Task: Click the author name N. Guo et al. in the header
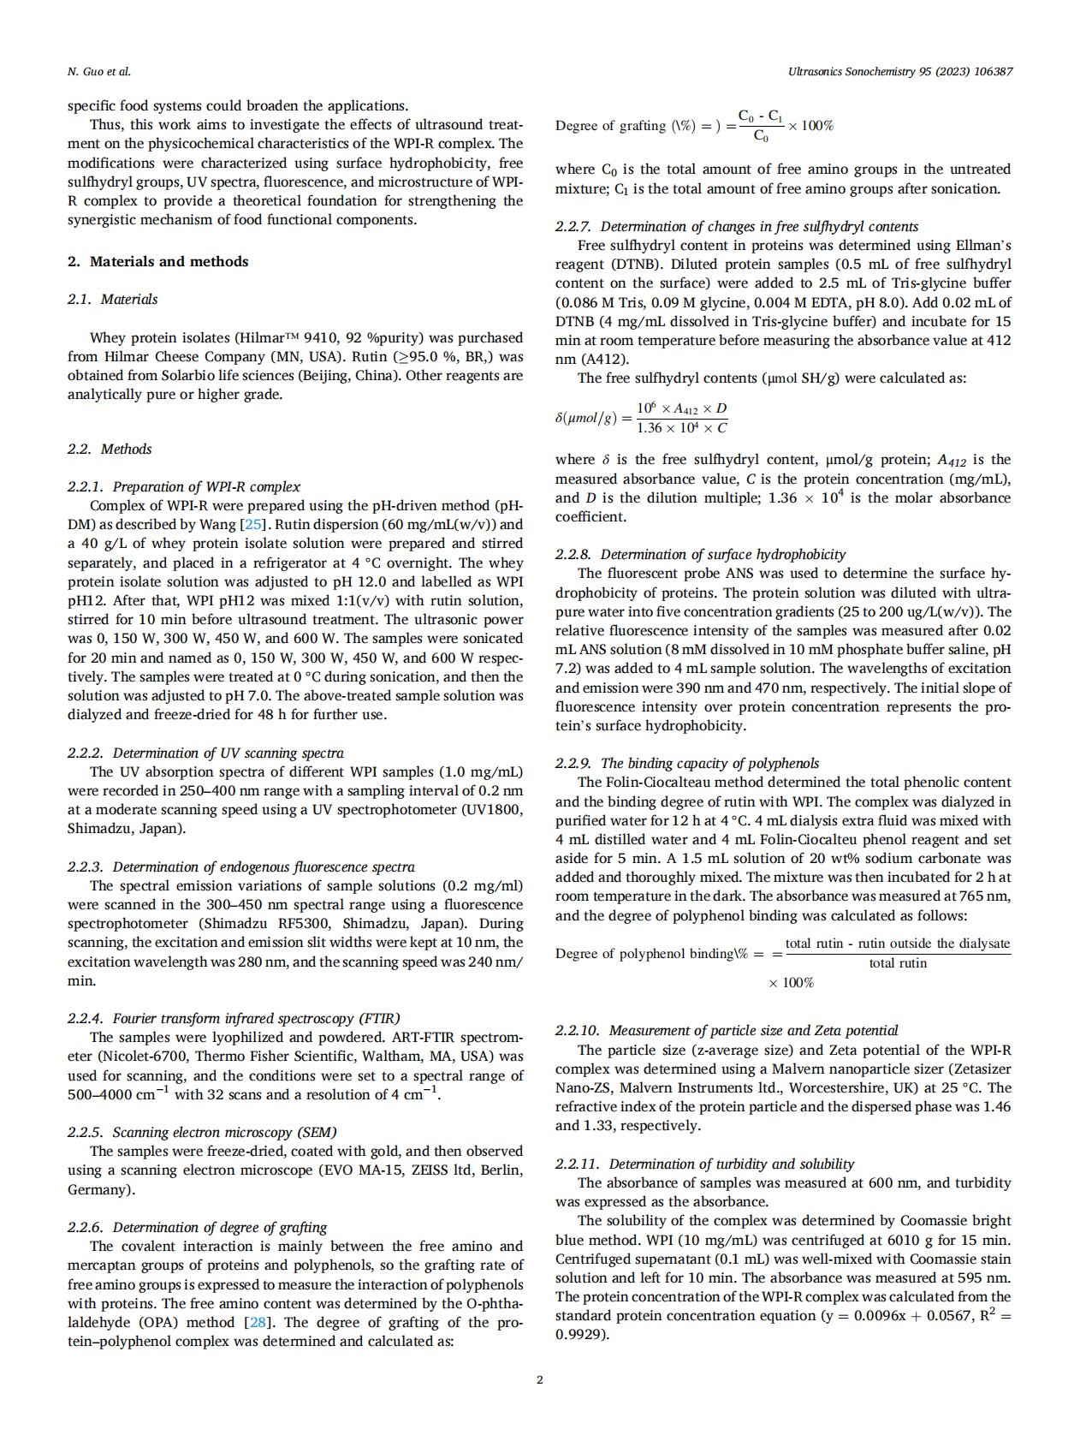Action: [98, 72]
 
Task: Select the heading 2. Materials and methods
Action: [157, 262]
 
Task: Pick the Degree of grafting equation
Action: [694, 126]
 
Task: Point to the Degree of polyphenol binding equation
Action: [782, 955]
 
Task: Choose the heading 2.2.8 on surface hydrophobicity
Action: [700, 555]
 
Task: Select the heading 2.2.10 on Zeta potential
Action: [727, 1031]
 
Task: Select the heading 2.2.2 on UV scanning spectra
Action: [205, 753]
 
